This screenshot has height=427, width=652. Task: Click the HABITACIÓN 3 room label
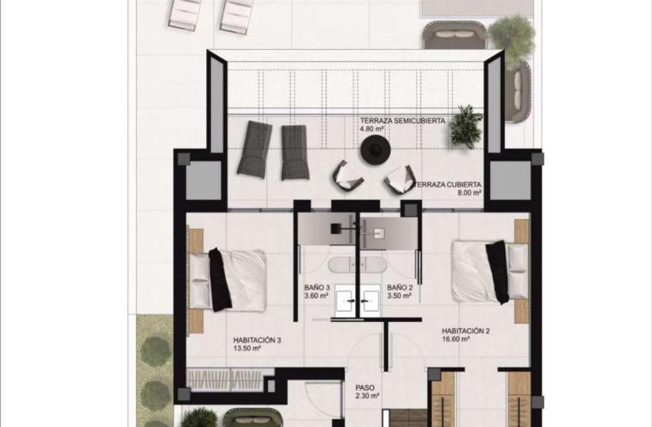[x=257, y=340]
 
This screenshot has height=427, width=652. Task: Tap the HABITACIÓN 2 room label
[x=465, y=331]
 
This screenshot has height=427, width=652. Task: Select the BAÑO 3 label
[x=317, y=288]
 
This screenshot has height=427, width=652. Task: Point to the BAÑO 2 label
[x=400, y=288]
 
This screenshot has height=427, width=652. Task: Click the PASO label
[x=365, y=388]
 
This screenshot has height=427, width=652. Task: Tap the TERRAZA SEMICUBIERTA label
[x=402, y=121]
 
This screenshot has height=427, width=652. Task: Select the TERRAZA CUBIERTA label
[x=448, y=184]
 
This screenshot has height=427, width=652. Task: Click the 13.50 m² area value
[x=247, y=349]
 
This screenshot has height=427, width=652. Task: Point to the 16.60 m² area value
[x=456, y=339]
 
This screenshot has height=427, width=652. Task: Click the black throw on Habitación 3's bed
[x=220, y=280]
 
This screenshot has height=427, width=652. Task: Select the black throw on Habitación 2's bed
[x=497, y=272]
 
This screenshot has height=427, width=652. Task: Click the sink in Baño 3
[x=345, y=298]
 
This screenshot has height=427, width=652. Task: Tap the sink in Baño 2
[x=370, y=298]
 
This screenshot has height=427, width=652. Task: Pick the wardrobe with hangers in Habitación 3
[x=225, y=379]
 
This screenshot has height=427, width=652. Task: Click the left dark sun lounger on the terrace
[x=254, y=149]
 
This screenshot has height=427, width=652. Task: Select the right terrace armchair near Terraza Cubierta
[x=400, y=179]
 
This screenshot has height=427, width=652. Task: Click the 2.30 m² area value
[x=367, y=396]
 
